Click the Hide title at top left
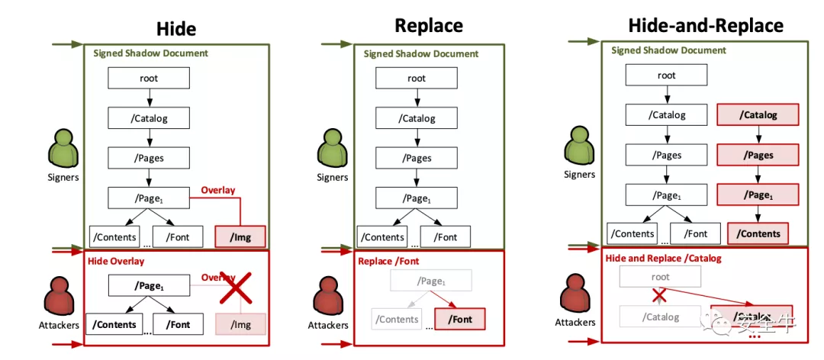(176, 29)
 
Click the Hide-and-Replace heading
(705, 25)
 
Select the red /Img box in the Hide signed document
(240, 237)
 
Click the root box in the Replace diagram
(417, 78)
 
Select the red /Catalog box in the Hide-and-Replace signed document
(758, 115)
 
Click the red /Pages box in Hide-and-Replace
(758, 155)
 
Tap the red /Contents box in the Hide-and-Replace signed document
(758, 234)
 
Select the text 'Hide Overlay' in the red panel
(116, 262)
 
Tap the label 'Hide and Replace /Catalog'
(663, 259)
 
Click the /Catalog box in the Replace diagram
(417, 118)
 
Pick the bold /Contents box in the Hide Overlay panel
(114, 324)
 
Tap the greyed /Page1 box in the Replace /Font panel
(431, 281)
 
